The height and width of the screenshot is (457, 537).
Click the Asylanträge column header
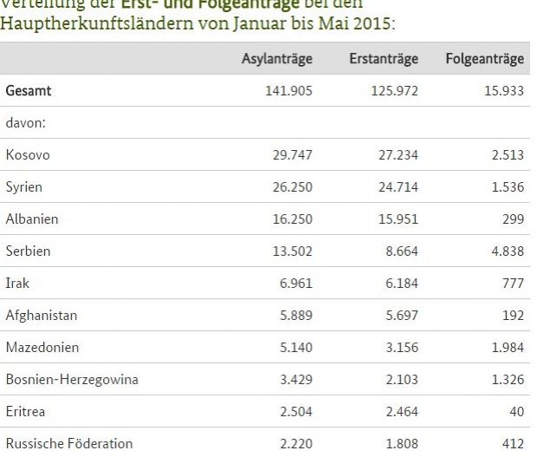click(277, 59)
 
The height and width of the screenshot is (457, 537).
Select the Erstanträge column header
click(384, 59)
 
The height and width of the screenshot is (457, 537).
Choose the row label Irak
click(16, 284)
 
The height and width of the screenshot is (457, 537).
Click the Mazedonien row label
click(41, 348)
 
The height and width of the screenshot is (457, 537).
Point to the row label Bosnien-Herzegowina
click(71, 380)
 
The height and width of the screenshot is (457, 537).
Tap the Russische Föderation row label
click(68, 444)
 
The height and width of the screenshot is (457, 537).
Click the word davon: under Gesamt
click(25, 123)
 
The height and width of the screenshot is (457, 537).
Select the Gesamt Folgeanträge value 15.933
click(501, 91)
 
